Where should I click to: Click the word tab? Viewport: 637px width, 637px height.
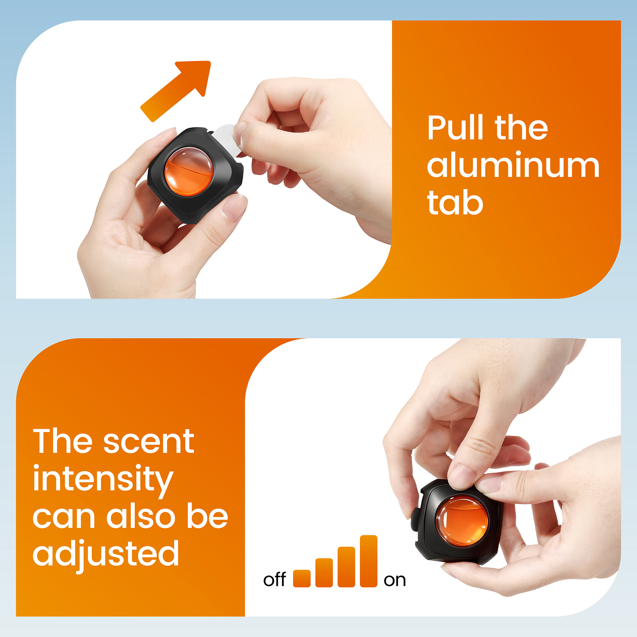pos(455,202)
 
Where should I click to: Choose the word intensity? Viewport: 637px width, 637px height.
pos(103,481)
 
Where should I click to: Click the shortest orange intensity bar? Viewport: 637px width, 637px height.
pos(302,578)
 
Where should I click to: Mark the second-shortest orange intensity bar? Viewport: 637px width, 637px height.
pos(324,573)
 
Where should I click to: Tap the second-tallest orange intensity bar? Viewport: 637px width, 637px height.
pos(346,567)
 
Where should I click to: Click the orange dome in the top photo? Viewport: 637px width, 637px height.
pos(188,172)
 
